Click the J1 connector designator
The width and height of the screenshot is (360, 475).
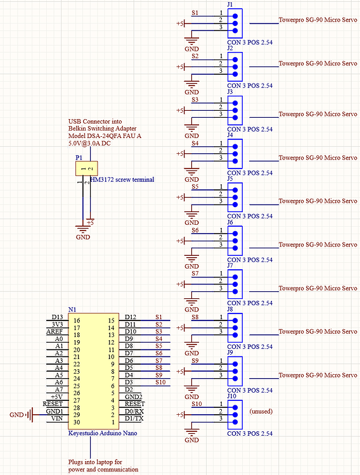tap(230, 4)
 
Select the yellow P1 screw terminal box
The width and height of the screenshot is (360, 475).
tap(86, 168)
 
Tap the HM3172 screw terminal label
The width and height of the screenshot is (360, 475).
tap(122, 179)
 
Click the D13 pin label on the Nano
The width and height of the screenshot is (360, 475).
tap(57, 317)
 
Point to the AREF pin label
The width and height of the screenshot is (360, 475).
tap(55, 331)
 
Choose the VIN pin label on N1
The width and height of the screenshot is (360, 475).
tap(56, 419)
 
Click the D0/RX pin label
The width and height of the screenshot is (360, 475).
tap(134, 411)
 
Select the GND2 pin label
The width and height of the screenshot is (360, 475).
tap(134, 396)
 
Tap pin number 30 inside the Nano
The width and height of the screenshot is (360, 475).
tap(77, 422)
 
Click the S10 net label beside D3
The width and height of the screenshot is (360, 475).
tap(160, 382)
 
